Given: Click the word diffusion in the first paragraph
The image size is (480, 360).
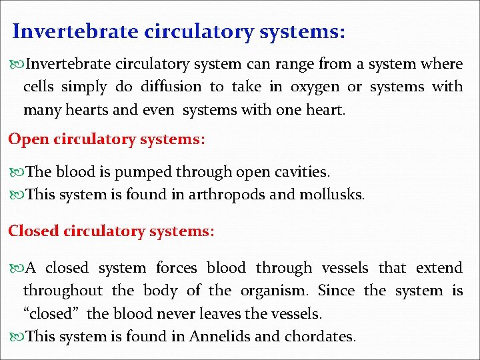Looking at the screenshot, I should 170,87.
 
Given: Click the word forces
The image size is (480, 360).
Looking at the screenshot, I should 176,268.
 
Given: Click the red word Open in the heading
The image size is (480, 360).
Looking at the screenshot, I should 25,140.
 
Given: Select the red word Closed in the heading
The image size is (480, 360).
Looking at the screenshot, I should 34,231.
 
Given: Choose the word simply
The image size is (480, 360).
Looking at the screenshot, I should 83,87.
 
